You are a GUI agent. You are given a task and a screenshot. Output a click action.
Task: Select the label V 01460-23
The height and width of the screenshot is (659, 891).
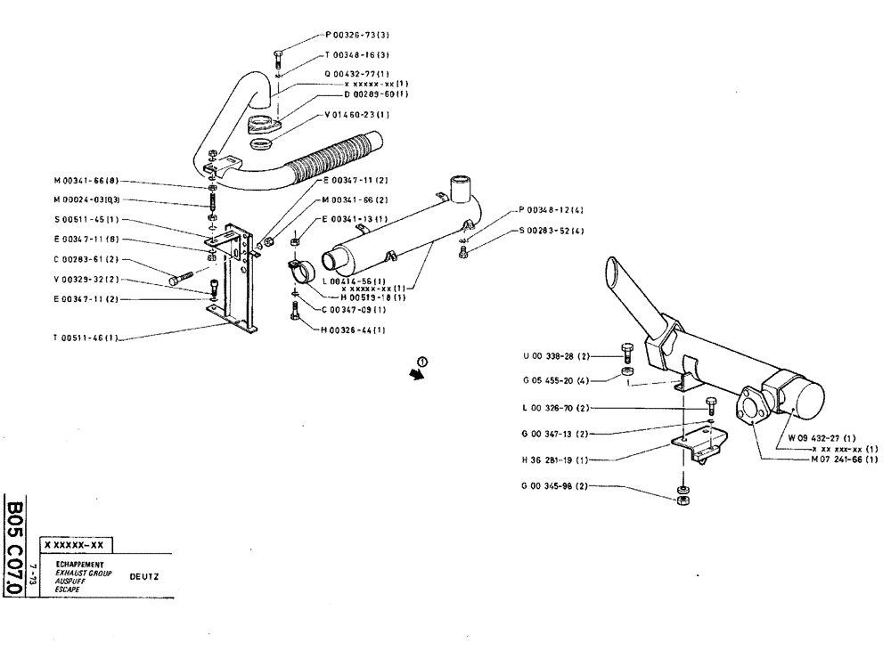[x=356, y=115]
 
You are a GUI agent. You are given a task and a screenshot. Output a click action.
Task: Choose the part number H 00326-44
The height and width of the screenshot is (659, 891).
[x=354, y=330]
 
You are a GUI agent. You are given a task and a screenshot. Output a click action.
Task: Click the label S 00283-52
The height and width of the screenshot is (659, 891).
[x=552, y=232]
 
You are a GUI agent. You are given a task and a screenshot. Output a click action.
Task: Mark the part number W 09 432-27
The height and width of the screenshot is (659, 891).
[x=822, y=438]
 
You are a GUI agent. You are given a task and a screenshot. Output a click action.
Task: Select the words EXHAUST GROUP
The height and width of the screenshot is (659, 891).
[x=83, y=574]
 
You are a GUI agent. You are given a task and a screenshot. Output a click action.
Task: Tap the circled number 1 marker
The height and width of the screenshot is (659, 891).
[x=422, y=362]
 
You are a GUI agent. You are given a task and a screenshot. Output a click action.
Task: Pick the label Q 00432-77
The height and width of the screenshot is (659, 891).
[x=356, y=73]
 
